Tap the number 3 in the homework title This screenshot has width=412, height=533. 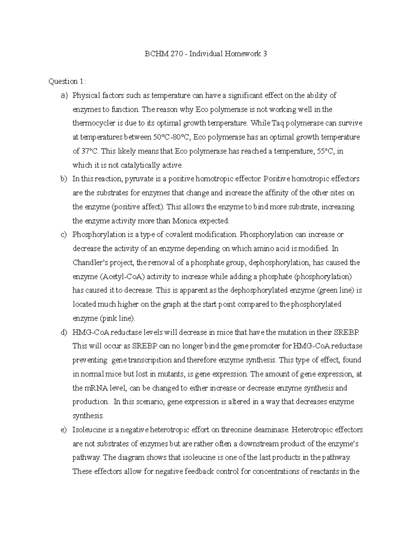click(x=265, y=54)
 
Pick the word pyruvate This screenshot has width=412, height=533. click(x=138, y=179)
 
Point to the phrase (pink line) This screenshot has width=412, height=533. click(x=117, y=318)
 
